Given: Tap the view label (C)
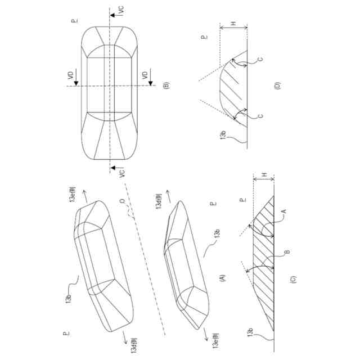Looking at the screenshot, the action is coord(293,277).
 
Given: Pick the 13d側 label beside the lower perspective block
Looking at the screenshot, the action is coord(159,202).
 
